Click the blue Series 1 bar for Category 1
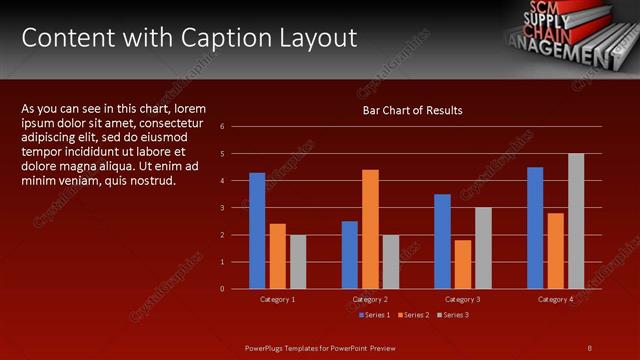[257, 230]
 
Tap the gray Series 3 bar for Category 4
[576, 221]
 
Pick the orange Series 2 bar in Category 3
[462, 264]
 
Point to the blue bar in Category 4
[535, 228]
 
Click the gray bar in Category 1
[298, 261]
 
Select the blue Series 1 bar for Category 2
[349, 254]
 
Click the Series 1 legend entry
[374, 315]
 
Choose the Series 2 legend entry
[414, 315]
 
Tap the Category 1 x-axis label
[277, 299]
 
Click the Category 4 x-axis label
[555, 299]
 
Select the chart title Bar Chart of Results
[412, 110]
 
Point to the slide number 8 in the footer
[589, 347]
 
